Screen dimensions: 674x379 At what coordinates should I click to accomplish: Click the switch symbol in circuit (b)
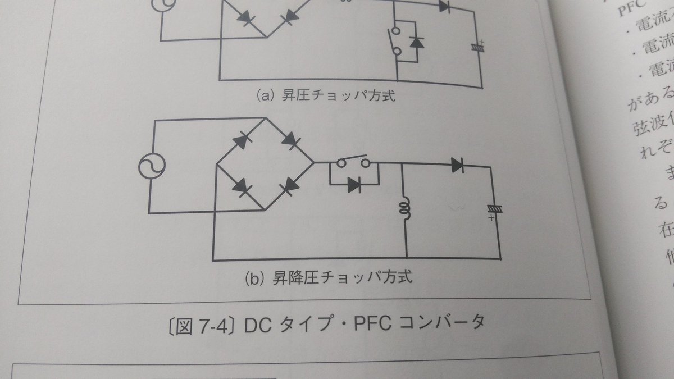(x=353, y=163)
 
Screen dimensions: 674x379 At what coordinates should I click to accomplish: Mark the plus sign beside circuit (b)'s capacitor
(x=492, y=217)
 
